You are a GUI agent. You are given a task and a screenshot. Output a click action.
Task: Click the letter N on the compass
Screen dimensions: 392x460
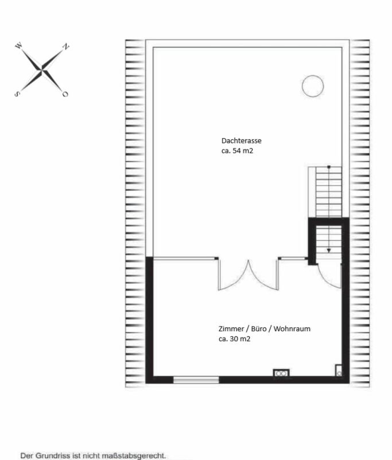67,46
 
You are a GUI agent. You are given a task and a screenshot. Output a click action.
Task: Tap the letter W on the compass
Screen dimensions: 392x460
19,45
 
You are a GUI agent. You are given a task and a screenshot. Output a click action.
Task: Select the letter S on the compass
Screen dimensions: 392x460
17,94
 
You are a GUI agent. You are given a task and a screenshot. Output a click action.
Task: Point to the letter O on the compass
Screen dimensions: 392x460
65,94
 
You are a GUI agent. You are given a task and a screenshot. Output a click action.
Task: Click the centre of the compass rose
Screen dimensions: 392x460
41,70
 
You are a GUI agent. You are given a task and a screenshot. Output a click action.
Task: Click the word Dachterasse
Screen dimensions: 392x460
241,140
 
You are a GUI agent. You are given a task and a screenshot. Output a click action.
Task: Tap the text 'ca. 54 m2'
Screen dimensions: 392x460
237,151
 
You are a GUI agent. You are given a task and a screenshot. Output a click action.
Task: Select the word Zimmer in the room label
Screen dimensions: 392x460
231,328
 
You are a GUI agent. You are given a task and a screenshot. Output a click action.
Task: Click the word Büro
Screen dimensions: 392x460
258,328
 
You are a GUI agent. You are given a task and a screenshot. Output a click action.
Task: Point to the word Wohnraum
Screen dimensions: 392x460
292,328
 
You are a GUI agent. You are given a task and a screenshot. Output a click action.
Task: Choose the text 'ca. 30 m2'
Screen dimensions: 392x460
235,339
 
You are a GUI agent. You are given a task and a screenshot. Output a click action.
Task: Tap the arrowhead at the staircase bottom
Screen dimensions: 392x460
329,251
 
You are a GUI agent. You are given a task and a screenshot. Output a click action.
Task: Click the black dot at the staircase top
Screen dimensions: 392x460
329,167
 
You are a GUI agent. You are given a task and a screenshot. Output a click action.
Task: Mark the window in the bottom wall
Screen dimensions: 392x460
196,379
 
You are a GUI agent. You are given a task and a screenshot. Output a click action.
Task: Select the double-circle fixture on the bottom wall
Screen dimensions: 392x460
281,373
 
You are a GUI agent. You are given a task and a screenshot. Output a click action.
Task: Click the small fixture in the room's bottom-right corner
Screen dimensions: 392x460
339,370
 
